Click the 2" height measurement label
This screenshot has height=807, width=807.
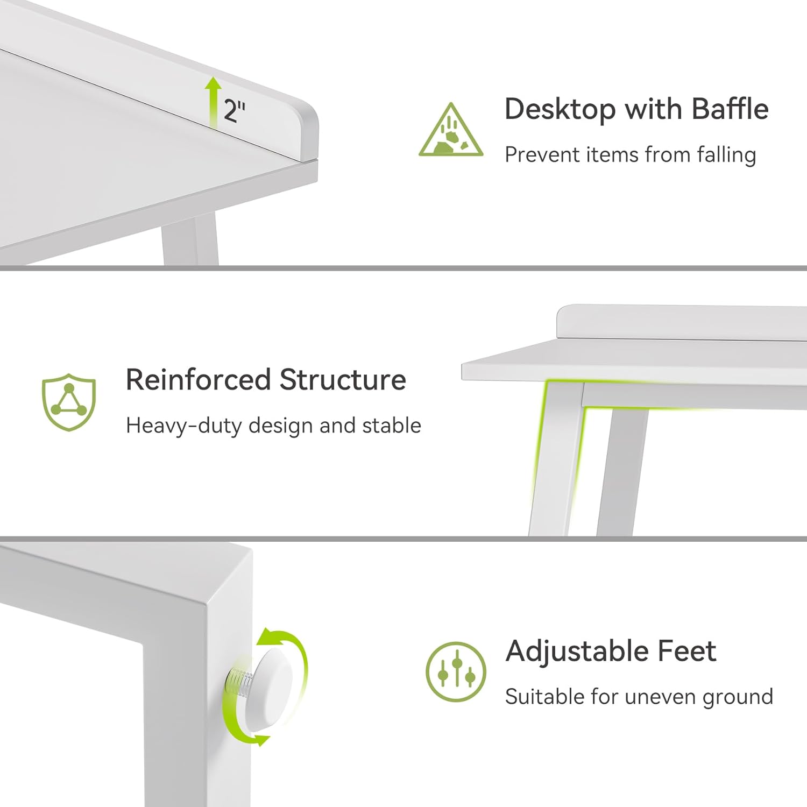[234, 111]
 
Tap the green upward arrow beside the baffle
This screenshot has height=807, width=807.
[214, 102]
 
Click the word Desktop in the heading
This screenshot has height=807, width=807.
[560, 110]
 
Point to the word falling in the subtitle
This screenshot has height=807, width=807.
[727, 154]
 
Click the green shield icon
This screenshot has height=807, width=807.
[69, 402]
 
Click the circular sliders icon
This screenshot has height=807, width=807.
[456, 671]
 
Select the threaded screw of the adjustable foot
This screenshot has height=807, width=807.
[239, 683]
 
